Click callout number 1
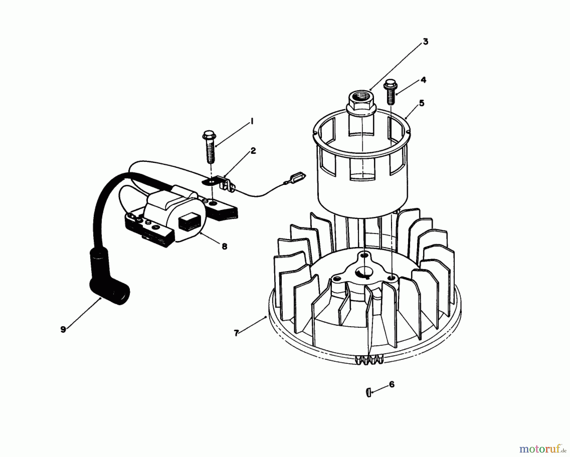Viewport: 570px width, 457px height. coord(252,121)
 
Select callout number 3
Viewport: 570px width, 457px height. coord(425,41)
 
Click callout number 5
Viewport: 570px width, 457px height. coord(421,103)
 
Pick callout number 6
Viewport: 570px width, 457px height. coord(392,384)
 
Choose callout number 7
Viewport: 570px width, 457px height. coord(236,333)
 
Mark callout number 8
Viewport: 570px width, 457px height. coord(224,246)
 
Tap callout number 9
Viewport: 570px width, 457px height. coord(63,329)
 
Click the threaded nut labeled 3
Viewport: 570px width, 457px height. coord(361,101)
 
